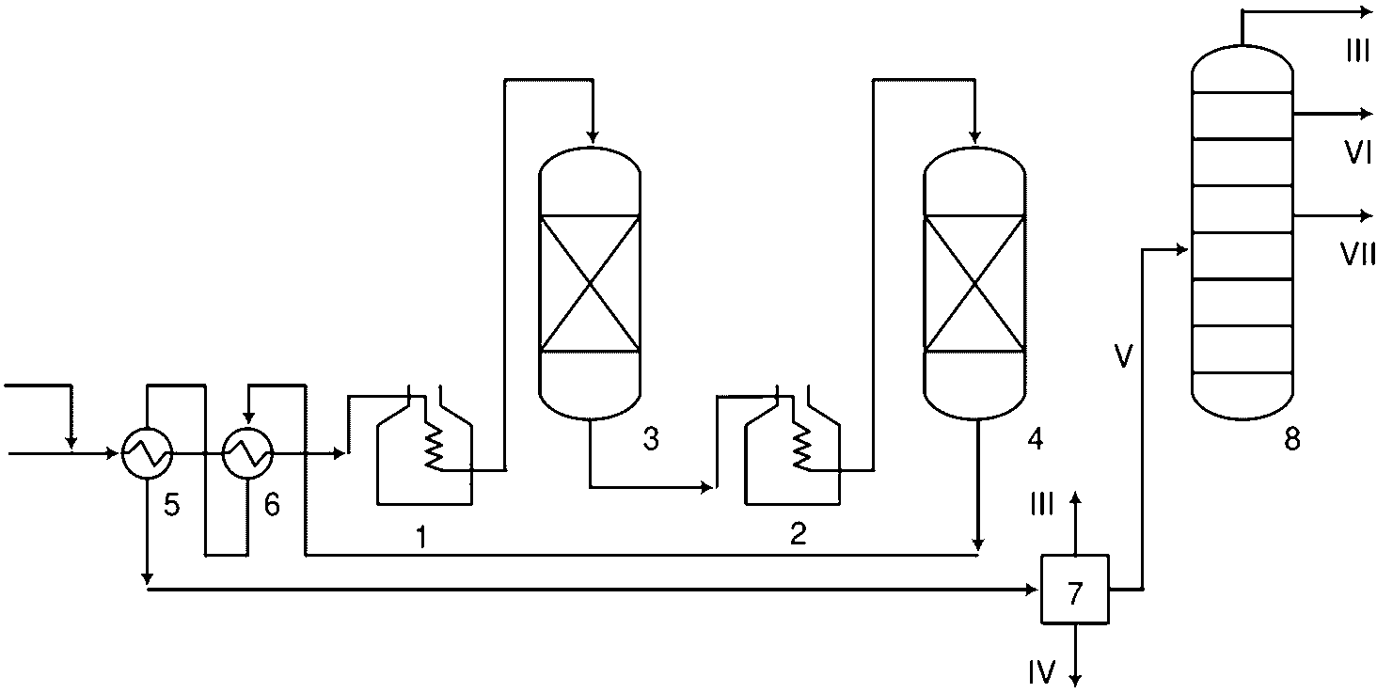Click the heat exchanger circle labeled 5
click(148, 455)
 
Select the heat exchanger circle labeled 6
click(247, 455)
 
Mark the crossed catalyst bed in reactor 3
click(589, 283)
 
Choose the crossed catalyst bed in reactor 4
click(975, 283)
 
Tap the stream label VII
click(1358, 254)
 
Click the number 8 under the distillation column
click(1292, 438)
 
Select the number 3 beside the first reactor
click(650, 438)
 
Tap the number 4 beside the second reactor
click(1036, 438)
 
